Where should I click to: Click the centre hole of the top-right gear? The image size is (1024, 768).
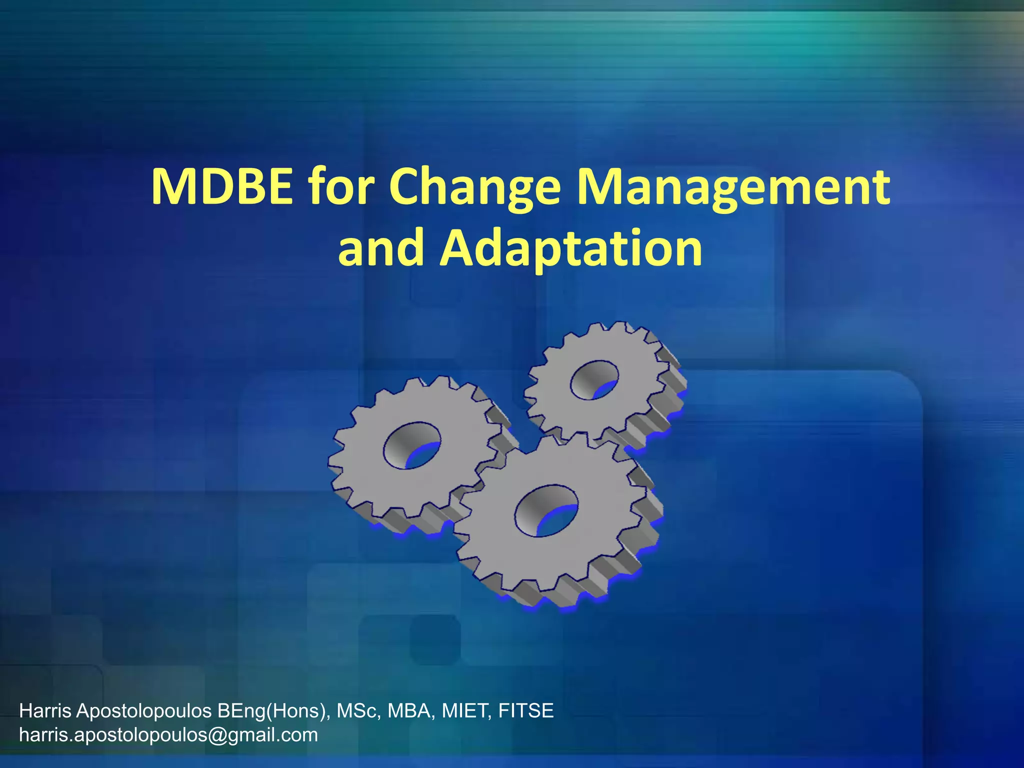click(x=594, y=380)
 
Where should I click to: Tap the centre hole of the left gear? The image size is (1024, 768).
click(x=412, y=445)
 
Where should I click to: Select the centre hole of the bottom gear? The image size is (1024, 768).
click(x=546, y=510)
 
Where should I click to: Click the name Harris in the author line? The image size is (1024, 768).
click(x=45, y=710)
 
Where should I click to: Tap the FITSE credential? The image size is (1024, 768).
click(x=526, y=710)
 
